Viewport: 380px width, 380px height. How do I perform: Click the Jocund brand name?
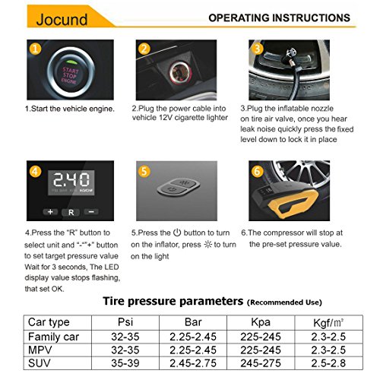click(x=62, y=19)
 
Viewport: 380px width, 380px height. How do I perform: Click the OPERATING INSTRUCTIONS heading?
click(x=279, y=18)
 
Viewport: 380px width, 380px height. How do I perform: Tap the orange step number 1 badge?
click(x=35, y=49)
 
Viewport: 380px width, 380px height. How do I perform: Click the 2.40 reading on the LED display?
click(x=71, y=179)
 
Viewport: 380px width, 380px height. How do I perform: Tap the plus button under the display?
click(x=50, y=212)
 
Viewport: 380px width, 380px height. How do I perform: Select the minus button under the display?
click(x=91, y=211)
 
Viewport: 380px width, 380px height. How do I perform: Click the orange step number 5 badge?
click(x=144, y=171)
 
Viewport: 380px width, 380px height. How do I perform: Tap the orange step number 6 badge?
click(x=257, y=171)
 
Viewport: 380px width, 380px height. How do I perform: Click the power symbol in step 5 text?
click(x=177, y=233)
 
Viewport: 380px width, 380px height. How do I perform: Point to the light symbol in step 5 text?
click(x=207, y=245)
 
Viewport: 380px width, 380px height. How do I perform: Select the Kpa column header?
click(x=261, y=322)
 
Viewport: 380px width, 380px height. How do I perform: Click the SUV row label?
click(x=40, y=363)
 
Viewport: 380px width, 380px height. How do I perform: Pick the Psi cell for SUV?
click(x=125, y=363)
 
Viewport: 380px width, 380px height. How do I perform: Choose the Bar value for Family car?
click(x=193, y=337)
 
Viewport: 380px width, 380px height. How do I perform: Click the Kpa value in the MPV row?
click(x=261, y=350)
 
